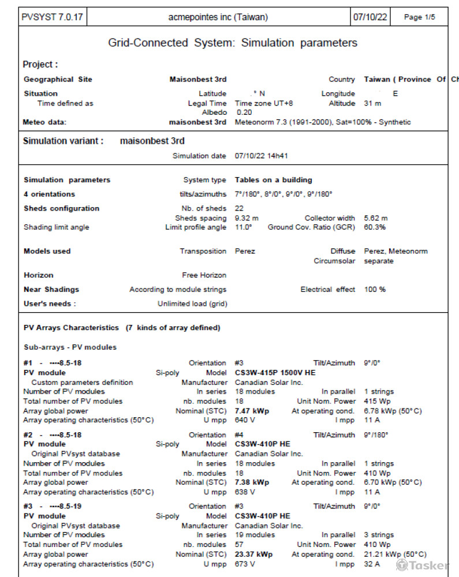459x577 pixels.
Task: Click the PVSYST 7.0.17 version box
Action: pyautogui.click(x=52, y=17)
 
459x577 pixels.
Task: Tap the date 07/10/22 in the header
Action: pyautogui.click(x=370, y=17)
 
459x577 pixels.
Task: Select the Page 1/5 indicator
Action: pyautogui.click(x=419, y=17)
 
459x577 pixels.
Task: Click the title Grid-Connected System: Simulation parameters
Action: pyautogui.click(x=233, y=43)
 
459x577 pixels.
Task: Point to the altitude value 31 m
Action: pyautogui.click(x=372, y=103)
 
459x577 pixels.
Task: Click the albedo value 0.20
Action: pyautogui.click(x=244, y=113)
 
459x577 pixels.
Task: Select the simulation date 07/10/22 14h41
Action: pyautogui.click(x=262, y=156)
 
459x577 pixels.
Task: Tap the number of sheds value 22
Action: pyautogui.click(x=240, y=208)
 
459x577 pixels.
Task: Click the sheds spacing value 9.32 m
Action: pyautogui.click(x=247, y=218)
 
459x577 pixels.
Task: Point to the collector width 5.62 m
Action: pyautogui.click(x=376, y=218)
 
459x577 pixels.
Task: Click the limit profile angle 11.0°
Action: pyautogui.click(x=244, y=227)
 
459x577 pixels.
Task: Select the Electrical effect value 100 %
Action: pyautogui.click(x=375, y=289)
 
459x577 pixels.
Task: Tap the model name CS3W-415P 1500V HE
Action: pyautogui.click(x=275, y=373)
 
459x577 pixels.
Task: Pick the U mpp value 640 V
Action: pyautogui.click(x=245, y=420)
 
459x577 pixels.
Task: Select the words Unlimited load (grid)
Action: pyautogui.click(x=192, y=304)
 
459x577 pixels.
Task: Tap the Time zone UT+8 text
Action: pyautogui.click(x=264, y=103)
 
